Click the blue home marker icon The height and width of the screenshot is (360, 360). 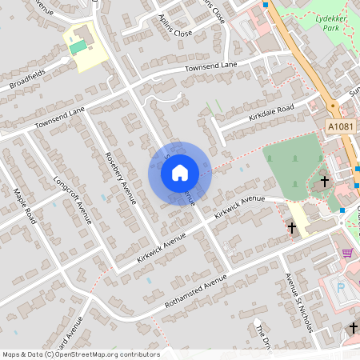pyautogui.click(x=180, y=172)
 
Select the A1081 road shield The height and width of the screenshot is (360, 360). pyautogui.click(x=340, y=126)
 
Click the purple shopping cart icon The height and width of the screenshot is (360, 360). pyautogui.click(x=347, y=253)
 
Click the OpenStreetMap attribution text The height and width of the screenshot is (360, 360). pyautogui.click(x=80, y=354)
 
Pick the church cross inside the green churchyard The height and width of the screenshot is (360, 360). pyautogui.click(x=324, y=182)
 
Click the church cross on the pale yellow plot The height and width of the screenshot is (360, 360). pyautogui.click(x=292, y=228)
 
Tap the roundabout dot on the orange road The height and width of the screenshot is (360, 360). pyautogui.click(x=332, y=105)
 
